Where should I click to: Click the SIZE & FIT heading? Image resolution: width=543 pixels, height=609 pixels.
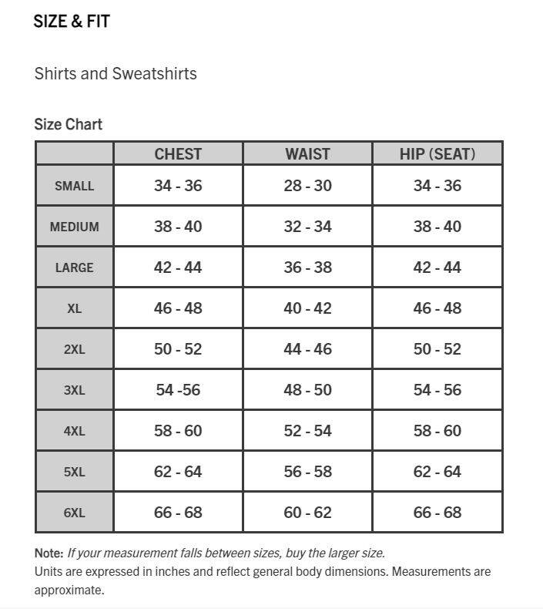[x=72, y=22]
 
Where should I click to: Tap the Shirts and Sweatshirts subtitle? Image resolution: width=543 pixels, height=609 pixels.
[x=116, y=74]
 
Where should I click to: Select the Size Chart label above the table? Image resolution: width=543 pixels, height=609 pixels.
[x=68, y=124]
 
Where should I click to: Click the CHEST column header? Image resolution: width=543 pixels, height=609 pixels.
[x=178, y=153]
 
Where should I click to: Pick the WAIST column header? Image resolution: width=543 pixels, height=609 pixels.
[x=307, y=153]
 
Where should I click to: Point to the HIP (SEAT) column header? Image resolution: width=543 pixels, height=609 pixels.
[x=437, y=153]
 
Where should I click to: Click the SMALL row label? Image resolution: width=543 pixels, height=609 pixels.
[x=74, y=186]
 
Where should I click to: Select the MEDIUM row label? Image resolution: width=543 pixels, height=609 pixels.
[x=74, y=227]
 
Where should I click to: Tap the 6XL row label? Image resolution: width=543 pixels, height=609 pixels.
[x=74, y=513]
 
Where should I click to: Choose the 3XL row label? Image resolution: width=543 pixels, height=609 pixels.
[x=74, y=390]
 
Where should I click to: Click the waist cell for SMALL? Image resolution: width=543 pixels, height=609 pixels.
[x=307, y=186]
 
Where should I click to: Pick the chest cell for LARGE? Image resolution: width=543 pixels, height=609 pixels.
[x=178, y=267]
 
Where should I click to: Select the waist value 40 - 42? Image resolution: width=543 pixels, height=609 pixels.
[x=307, y=308]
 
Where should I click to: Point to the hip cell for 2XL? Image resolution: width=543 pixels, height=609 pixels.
[x=437, y=349]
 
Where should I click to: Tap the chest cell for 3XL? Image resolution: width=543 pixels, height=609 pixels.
[x=178, y=390]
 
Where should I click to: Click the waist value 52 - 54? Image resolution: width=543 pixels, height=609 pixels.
[x=307, y=431]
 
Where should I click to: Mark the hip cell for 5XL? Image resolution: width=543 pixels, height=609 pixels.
[x=437, y=472]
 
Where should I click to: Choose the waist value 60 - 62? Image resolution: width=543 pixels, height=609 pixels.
[x=307, y=513]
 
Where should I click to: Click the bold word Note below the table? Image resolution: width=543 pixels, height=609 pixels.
[x=48, y=553]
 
